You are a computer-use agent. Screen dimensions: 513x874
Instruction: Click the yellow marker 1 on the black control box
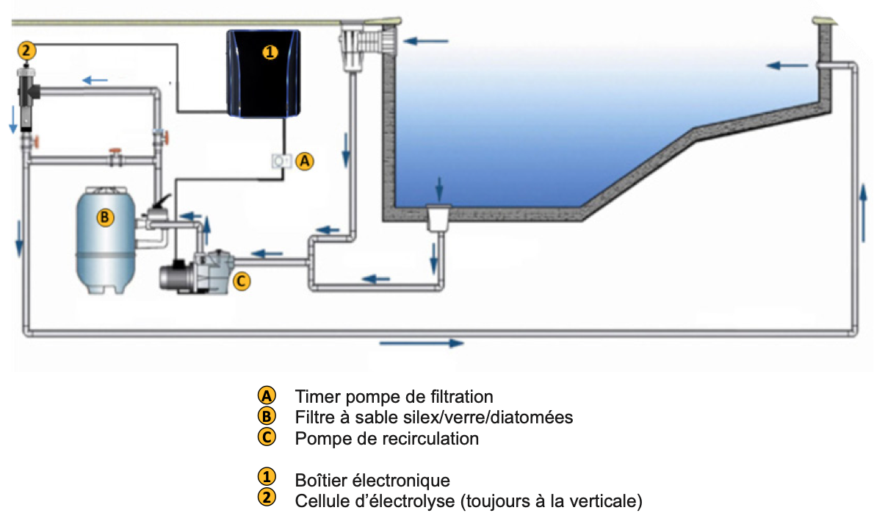point(270,51)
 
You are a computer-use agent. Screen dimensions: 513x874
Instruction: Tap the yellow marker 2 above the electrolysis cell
point(26,50)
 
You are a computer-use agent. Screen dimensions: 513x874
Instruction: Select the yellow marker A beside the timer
point(305,162)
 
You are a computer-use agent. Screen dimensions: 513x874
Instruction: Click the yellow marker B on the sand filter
point(105,217)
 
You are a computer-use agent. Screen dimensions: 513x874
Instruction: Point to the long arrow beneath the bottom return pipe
point(422,343)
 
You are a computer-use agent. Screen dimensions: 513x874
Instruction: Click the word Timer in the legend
point(315,397)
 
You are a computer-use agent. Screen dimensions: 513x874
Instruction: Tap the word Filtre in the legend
point(313,417)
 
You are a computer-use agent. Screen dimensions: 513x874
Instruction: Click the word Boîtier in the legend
point(319,481)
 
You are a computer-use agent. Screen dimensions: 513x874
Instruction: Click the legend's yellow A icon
point(267,395)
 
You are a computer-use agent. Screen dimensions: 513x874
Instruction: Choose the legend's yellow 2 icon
point(267,499)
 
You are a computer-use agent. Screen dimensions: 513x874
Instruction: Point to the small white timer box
point(280,162)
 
